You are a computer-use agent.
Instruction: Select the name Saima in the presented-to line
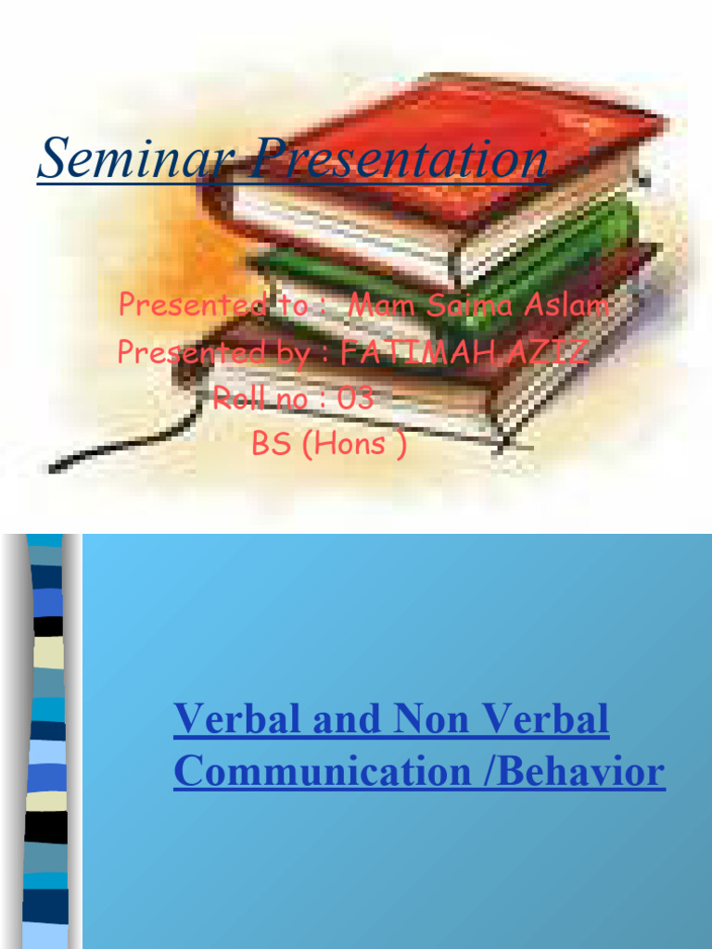click(466, 307)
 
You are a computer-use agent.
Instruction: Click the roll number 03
click(356, 399)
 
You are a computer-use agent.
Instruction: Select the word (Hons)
click(360, 444)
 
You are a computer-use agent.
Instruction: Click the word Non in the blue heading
click(430, 720)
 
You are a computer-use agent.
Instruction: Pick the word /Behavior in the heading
click(582, 772)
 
